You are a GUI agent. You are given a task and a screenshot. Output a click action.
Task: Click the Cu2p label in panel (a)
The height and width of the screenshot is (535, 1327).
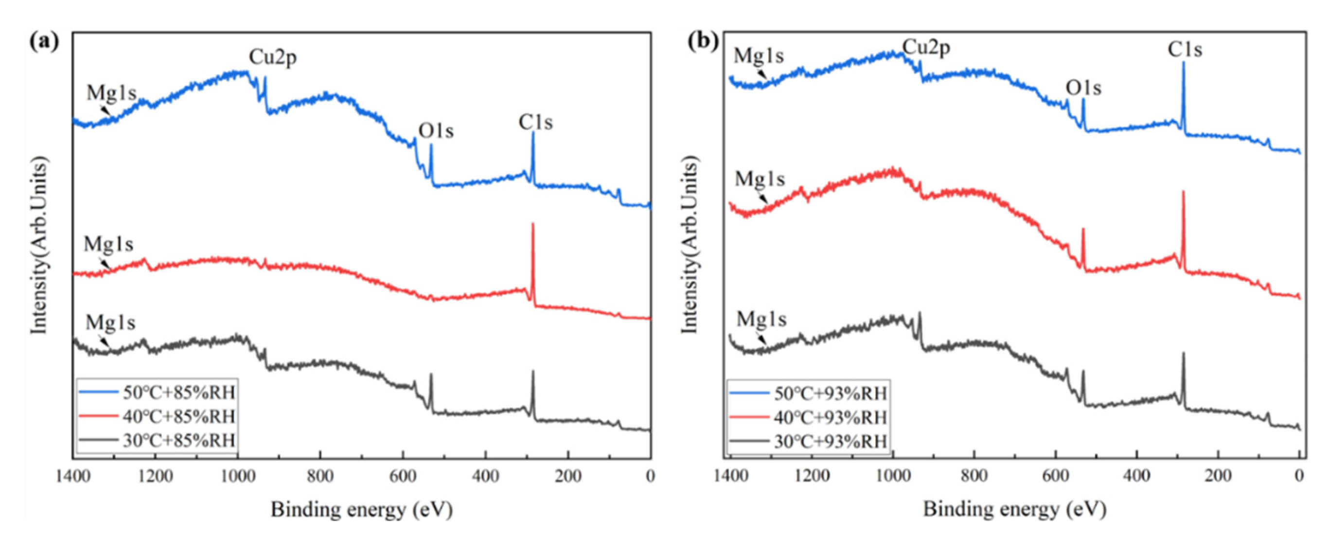[273, 58]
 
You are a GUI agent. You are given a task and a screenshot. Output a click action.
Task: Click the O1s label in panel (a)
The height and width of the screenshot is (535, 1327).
[436, 131]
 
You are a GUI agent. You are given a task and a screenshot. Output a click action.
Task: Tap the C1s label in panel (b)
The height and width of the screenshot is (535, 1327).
[1185, 50]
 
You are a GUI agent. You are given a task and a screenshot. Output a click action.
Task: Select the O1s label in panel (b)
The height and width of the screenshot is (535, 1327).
[1083, 89]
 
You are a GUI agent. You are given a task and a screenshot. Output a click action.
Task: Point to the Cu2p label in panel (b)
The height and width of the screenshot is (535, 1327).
[926, 48]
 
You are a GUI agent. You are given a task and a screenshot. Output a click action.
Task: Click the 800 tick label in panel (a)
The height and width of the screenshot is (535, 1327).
[320, 476]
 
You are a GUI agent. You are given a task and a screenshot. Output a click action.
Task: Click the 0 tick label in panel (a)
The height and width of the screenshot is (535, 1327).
[650, 476]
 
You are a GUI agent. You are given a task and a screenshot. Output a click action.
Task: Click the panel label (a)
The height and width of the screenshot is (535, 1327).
[44, 41]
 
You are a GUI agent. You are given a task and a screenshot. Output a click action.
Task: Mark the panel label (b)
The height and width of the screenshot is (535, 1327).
[704, 41]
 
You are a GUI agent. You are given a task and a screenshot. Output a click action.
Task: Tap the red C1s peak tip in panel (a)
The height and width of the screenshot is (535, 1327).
[532, 224]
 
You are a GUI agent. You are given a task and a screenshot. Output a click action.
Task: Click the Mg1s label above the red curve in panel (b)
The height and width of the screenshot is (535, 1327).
[760, 179]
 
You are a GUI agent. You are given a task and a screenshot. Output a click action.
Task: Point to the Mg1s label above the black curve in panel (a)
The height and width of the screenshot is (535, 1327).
[110, 323]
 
